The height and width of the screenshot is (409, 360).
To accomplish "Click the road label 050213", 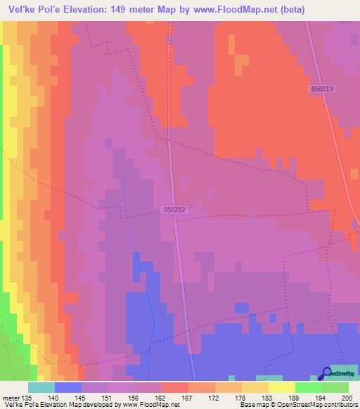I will (x=322, y=89).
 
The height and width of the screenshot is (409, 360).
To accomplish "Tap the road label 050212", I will (x=175, y=209).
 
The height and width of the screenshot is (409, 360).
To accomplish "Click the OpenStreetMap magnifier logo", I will (x=328, y=373).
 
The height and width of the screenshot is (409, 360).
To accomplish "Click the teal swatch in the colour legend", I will (x=41, y=387).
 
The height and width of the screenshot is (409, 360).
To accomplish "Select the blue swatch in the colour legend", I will (x=67, y=387).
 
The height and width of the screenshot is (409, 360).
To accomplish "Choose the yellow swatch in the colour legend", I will (x=282, y=387).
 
